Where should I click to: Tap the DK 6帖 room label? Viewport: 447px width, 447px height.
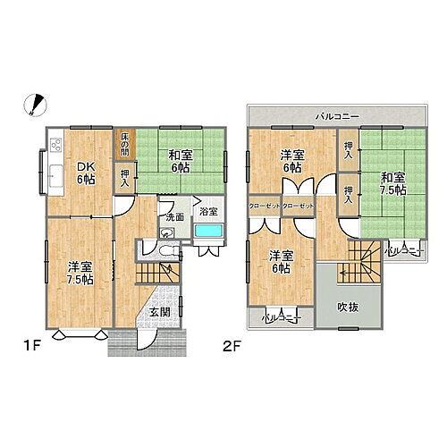85,172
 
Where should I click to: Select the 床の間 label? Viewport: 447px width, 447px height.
126,143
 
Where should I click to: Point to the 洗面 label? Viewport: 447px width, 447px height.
173,216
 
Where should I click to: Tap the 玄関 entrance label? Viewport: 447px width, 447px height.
160,311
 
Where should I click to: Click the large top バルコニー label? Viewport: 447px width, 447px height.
336,117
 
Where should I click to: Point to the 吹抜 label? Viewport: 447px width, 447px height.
349,306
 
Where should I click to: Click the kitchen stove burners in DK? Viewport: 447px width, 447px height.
55,146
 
